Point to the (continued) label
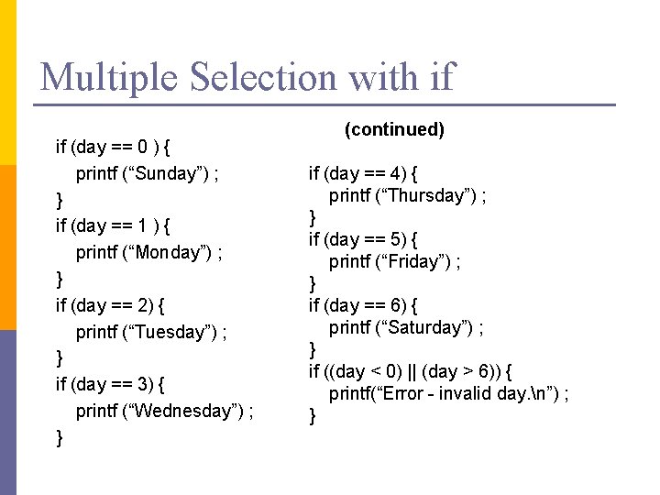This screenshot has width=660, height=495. [x=394, y=129]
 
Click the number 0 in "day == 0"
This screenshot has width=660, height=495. [x=144, y=147]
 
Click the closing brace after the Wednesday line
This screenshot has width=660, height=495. [x=60, y=437]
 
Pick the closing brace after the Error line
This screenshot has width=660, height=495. [x=313, y=415]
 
